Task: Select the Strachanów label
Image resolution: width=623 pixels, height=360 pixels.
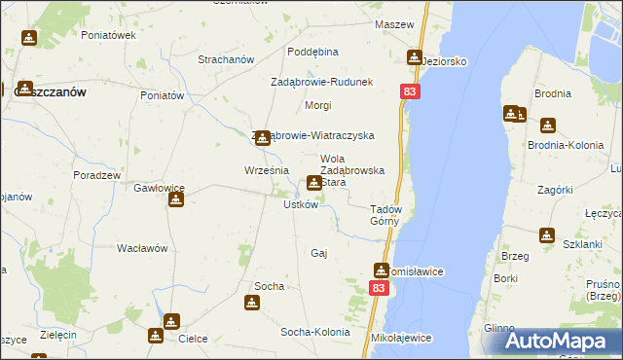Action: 225,59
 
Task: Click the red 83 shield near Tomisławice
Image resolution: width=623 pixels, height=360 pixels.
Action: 380,289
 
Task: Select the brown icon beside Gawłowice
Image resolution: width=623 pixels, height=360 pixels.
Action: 176,200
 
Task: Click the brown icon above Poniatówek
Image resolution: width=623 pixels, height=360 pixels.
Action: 29,39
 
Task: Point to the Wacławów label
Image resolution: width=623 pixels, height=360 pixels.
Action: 143,248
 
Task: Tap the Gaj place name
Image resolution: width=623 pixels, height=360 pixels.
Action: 317,253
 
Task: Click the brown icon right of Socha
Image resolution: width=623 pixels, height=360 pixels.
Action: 253,303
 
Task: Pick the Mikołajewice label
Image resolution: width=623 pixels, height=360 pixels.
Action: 401,338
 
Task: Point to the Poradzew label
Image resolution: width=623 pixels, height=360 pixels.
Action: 96,175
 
